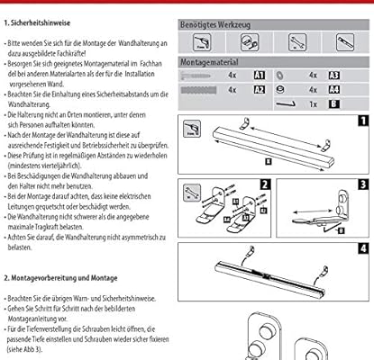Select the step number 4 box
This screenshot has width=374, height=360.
[360, 248]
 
